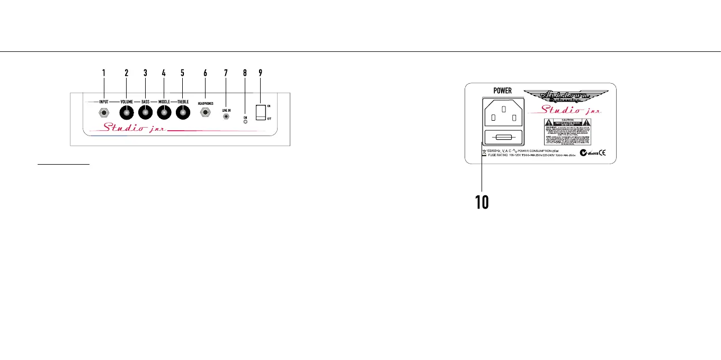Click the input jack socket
pyautogui.click(x=104, y=112)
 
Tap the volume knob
pyautogui.click(x=127, y=112)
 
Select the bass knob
pyautogui.click(x=145, y=112)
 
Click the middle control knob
pyautogui.click(x=164, y=112)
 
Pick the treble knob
pyautogui.click(x=183, y=112)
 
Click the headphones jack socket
pyautogui.click(x=205, y=113)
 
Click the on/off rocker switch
pyautogui.click(x=260, y=112)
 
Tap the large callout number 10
pyautogui.click(x=482, y=202)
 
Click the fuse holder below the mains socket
pyautogui.click(x=504, y=137)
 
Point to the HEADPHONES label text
pyautogui.click(x=205, y=104)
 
